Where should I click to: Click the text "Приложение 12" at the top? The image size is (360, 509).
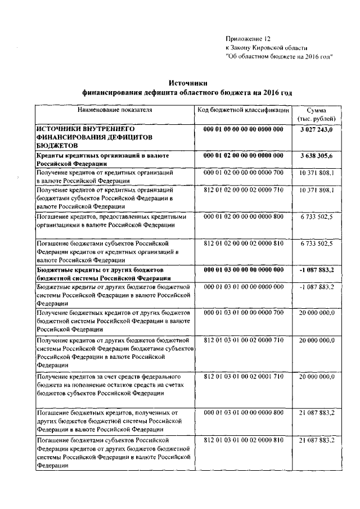(x=248, y=39)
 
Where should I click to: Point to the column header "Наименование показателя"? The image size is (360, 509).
(x=115, y=109)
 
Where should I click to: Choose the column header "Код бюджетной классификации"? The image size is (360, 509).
(x=243, y=109)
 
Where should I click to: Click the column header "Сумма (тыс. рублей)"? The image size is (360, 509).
(x=316, y=114)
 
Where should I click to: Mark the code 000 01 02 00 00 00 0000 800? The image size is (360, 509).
(x=243, y=216)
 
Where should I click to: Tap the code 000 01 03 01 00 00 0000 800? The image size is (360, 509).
(x=243, y=412)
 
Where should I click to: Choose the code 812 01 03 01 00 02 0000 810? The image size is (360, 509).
(x=243, y=439)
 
